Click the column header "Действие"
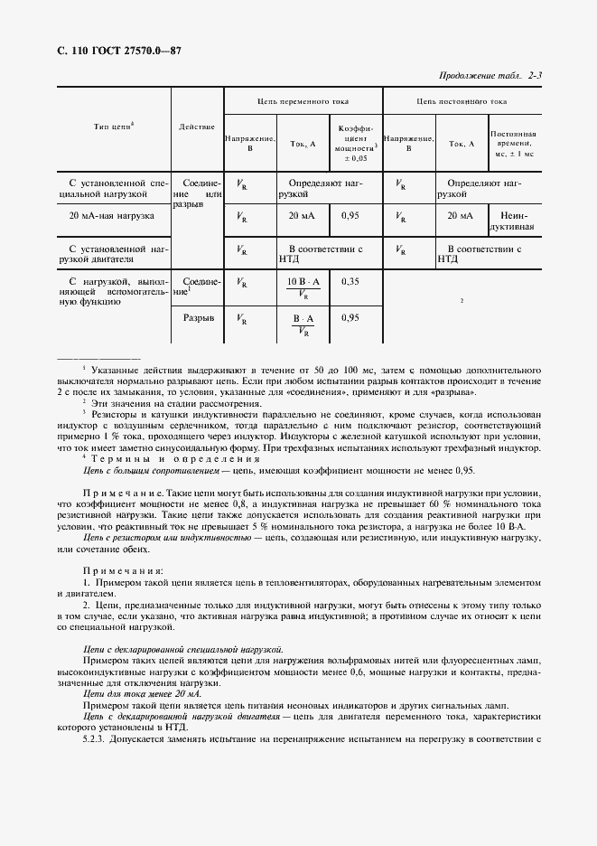click(196, 126)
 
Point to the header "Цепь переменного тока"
click(303, 102)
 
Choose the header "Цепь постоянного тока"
click(461, 102)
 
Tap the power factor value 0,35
click(350, 282)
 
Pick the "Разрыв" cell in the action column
click(198, 318)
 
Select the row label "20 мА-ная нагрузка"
click(113, 216)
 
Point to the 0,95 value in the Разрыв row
click(350, 318)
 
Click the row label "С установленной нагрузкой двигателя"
click(113, 253)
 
